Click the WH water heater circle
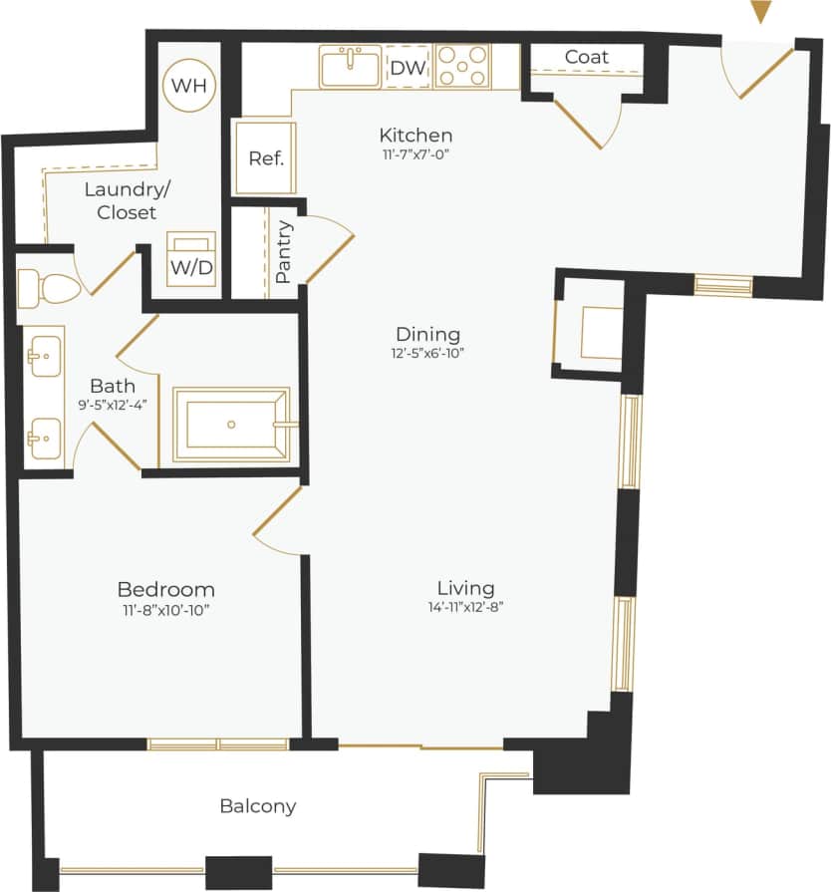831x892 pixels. pos(189,85)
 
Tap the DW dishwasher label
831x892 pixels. pos(407,68)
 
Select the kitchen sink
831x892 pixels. pos(351,67)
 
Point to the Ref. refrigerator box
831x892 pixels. pos(266,157)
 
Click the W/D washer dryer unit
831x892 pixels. pos(190,260)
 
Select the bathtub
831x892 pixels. pos(231,425)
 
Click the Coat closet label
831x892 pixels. pos(586,57)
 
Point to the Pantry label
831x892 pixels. pos(283,251)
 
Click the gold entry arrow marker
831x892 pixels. pos(761,12)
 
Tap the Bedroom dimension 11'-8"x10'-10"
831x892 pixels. pos(165,609)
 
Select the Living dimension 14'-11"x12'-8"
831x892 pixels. pos(465,609)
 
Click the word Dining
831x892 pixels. pos(427,334)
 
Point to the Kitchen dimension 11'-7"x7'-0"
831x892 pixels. pos(415,154)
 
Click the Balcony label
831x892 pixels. pos(258,806)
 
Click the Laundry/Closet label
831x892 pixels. pos(121,200)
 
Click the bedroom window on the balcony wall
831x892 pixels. pos(218,743)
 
